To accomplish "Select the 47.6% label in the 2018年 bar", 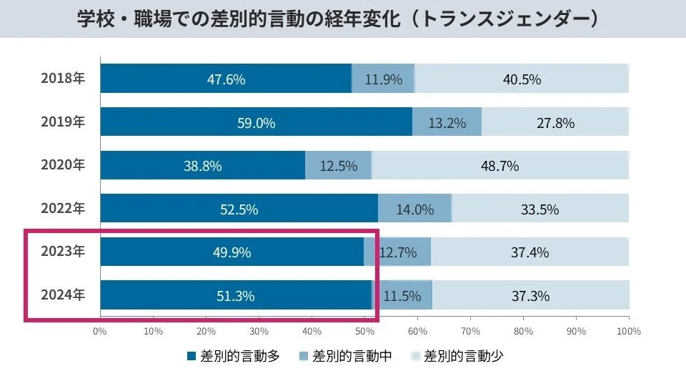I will point(226,79).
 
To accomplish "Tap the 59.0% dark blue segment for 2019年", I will point(256,123).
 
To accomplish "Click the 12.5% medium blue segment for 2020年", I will point(338,167).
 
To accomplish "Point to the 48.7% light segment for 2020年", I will point(499,167).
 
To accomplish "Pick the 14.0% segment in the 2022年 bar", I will point(414,210).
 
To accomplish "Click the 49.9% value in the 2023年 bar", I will point(232,253).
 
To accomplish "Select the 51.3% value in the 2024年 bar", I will point(235,296).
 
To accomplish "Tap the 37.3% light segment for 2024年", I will point(530,296).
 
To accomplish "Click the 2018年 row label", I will point(62,79).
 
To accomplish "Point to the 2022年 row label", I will point(62,209).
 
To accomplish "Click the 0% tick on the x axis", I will point(99,331).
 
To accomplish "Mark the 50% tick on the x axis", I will point(364,331).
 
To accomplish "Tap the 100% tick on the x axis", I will point(629,331).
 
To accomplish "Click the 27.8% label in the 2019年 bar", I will point(555,123).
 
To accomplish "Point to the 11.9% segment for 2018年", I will point(384,79).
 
